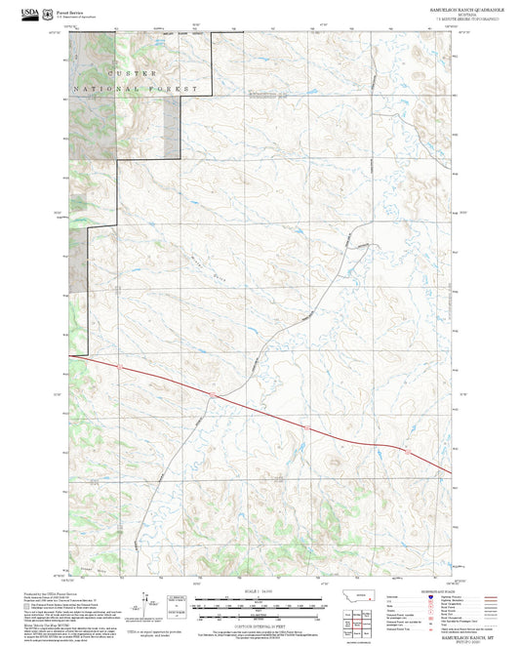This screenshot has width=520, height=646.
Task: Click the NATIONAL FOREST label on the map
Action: pyautogui.click(x=137, y=89)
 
